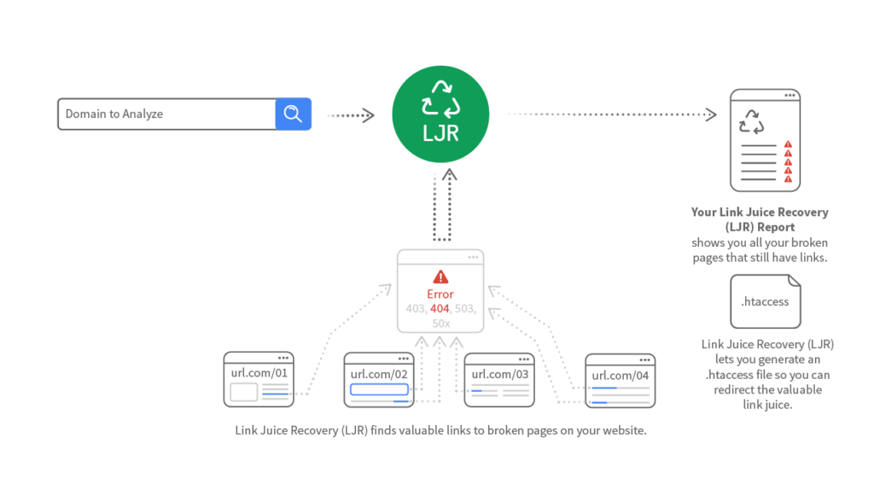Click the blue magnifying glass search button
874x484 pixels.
(293, 114)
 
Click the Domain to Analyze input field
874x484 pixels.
(166, 114)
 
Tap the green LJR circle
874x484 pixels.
(440, 114)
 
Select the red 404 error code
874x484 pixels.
(440, 308)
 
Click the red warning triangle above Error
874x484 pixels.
(440, 277)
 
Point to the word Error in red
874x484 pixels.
(440, 294)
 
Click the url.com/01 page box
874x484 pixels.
(257, 379)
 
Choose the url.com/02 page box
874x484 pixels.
(378, 379)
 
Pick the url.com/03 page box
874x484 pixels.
(499, 379)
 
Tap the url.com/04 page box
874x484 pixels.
(620, 381)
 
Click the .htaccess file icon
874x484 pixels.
(765, 301)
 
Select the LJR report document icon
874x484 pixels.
(765, 140)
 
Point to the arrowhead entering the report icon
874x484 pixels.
(710, 114)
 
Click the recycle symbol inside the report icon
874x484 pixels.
(752, 121)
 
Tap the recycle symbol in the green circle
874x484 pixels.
(440, 99)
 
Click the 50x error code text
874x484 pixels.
(440, 324)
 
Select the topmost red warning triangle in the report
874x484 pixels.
(788, 145)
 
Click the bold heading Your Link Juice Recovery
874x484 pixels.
(760, 212)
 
